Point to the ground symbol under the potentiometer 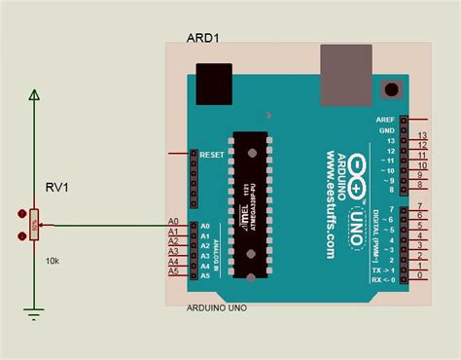(x=35, y=312)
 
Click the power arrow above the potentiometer (x=35, y=95)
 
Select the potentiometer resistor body (x=35, y=224)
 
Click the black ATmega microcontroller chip (x=250, y=205)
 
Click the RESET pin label (x=212, y=155)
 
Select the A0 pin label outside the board (x=173, y=223)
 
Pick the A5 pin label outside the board (x=173, y=272)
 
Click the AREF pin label (x=384, y=120)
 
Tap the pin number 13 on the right (x=421, y=136)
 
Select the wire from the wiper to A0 (x=107, y=226)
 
